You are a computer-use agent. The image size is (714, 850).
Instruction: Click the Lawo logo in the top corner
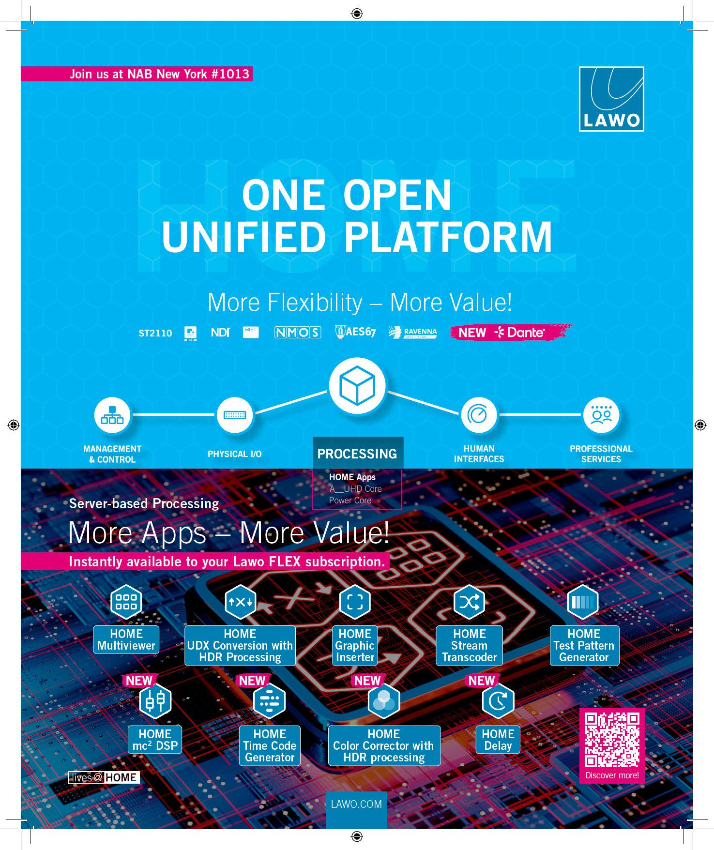pos(611,99)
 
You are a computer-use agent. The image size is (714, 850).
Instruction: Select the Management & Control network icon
pos(112,415)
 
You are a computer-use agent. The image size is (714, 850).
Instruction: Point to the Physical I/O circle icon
pos(235,415)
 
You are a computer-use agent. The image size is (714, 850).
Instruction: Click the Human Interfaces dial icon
pos(479,415)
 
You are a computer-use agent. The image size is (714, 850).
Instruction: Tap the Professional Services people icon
pos(601,415)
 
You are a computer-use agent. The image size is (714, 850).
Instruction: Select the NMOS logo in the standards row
pos(298,333)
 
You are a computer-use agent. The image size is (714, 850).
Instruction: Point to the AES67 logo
pos(356,332)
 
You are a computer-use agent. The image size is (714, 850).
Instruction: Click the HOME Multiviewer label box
pos(126,640)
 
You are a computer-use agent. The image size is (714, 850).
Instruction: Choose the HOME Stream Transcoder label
pos(469,646)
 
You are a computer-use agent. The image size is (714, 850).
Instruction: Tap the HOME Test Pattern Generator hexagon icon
pos(583,602)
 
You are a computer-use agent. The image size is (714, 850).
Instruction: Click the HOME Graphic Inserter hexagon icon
pos(355,602)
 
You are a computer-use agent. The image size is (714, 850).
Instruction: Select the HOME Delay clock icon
pos(498,701)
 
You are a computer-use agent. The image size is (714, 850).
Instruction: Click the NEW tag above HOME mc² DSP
pos(139,681)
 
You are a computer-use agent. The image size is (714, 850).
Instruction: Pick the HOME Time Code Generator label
pos(270,745)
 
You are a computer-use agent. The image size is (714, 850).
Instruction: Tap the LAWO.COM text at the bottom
pos(356,804)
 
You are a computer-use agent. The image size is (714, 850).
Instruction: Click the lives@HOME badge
pos(104,777)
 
